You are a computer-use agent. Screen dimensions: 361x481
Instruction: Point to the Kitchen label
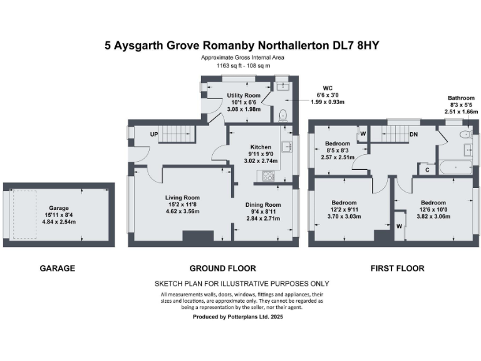(x=261, y=147)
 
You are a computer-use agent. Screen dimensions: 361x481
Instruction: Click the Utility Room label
(x=244, y=96)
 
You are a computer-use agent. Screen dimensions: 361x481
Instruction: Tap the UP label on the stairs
(x=153, y=135)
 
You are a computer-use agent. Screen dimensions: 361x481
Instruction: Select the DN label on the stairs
(x=413, y=135)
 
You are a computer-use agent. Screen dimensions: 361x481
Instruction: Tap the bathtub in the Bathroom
(x=453, y=167)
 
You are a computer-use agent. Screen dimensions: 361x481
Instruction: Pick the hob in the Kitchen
(x=267, y=176)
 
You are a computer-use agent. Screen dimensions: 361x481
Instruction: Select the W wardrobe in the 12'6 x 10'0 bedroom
(x=399, y=227)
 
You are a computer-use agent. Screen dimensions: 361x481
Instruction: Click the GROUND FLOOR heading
(x=215, y=268)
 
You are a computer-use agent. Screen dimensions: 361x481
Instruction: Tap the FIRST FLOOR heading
(x=397, y=268)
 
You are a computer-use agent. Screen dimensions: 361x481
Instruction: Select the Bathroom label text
(x=460, y=98)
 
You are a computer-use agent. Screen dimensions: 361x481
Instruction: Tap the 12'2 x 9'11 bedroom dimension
(x=344, y=210)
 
